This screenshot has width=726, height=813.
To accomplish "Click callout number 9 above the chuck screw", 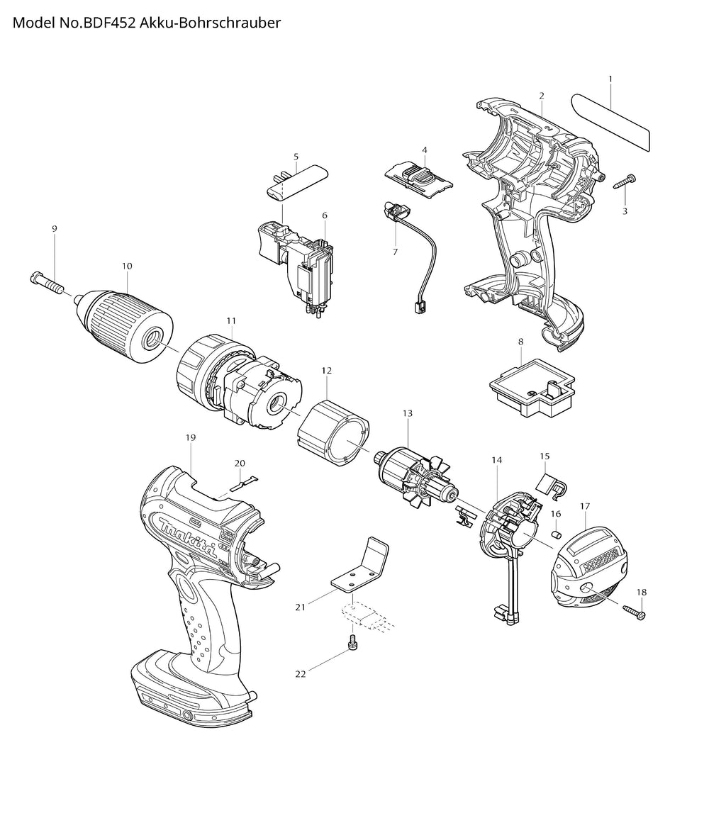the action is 55,229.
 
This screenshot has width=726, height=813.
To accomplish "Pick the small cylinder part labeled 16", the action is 557,534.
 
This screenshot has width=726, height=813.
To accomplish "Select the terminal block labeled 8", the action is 532,387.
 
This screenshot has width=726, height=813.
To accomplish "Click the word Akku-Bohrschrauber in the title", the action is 210,23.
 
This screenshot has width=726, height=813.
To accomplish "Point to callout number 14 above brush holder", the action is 497,460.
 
